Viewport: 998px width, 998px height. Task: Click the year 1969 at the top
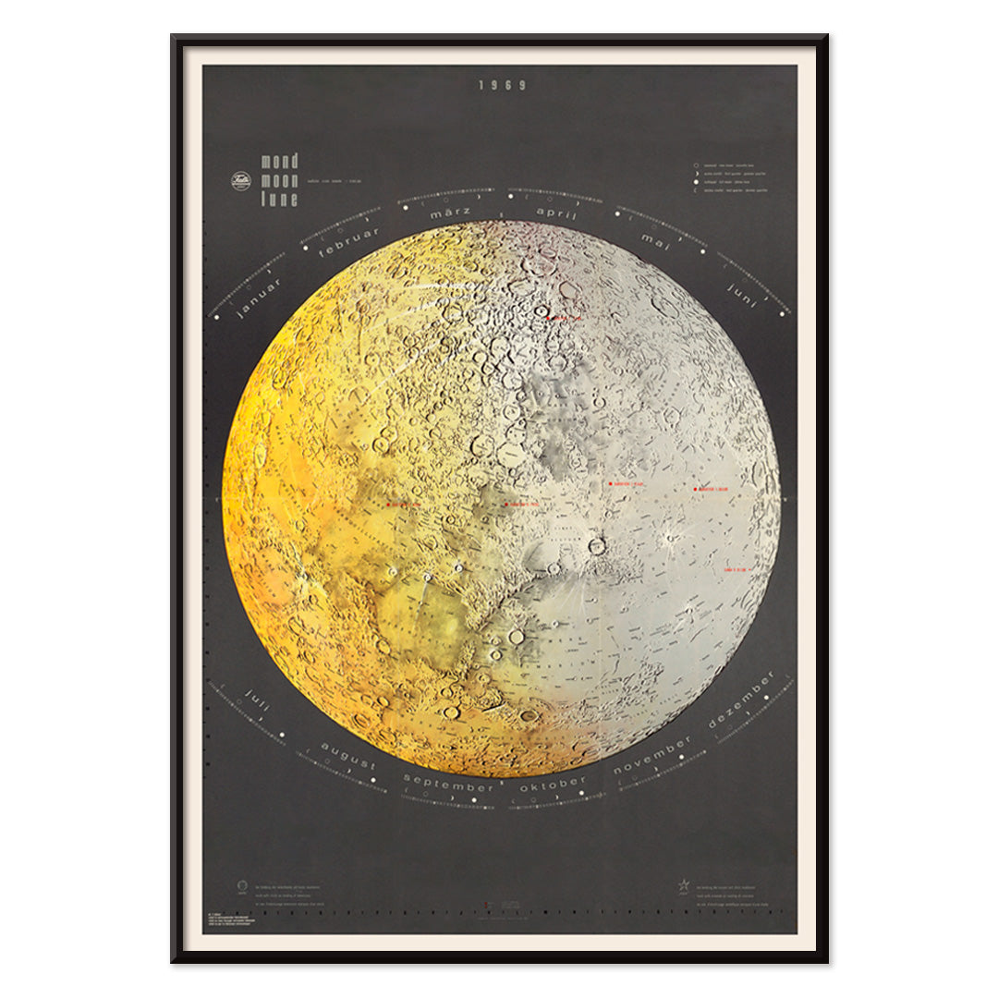click(502, 85)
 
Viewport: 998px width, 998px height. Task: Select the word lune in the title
click(279, 199)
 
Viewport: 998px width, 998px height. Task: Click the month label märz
click(451, 214)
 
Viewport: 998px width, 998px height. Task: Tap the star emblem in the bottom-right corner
click(685, 885)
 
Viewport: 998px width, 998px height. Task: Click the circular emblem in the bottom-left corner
click(242, 885)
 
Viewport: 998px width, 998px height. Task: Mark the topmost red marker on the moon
click(549, 317)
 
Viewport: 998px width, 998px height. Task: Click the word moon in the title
click(279, 180)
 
